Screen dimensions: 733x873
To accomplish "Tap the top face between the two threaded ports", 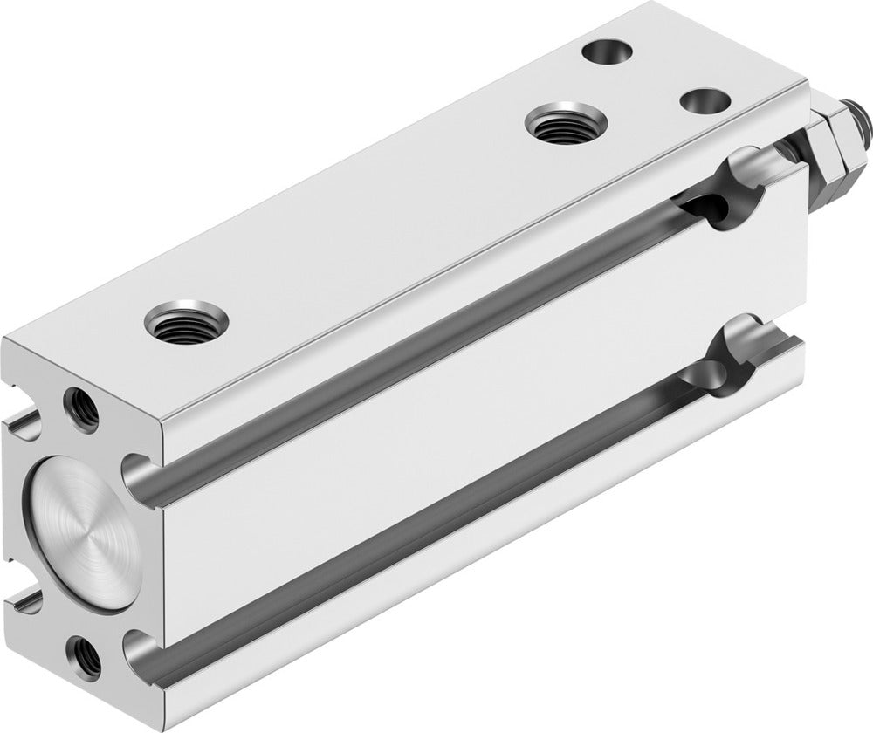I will click(x=367, y=223).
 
